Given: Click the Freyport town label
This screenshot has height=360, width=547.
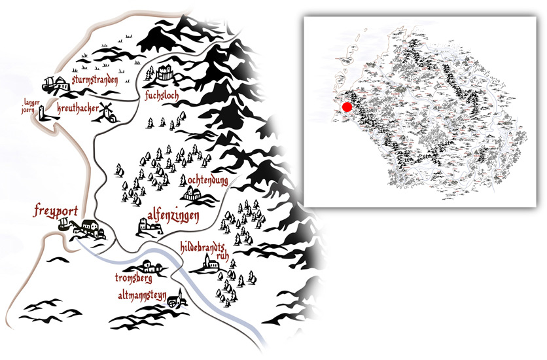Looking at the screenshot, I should tap(56, 211).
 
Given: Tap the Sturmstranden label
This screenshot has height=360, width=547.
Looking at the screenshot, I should tap(95, 81).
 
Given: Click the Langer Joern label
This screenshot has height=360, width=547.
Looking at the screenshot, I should tap(31, 106).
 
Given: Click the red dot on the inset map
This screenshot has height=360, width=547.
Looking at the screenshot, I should tap(347, 106).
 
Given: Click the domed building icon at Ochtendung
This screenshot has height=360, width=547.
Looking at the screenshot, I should tap(193, 194).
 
